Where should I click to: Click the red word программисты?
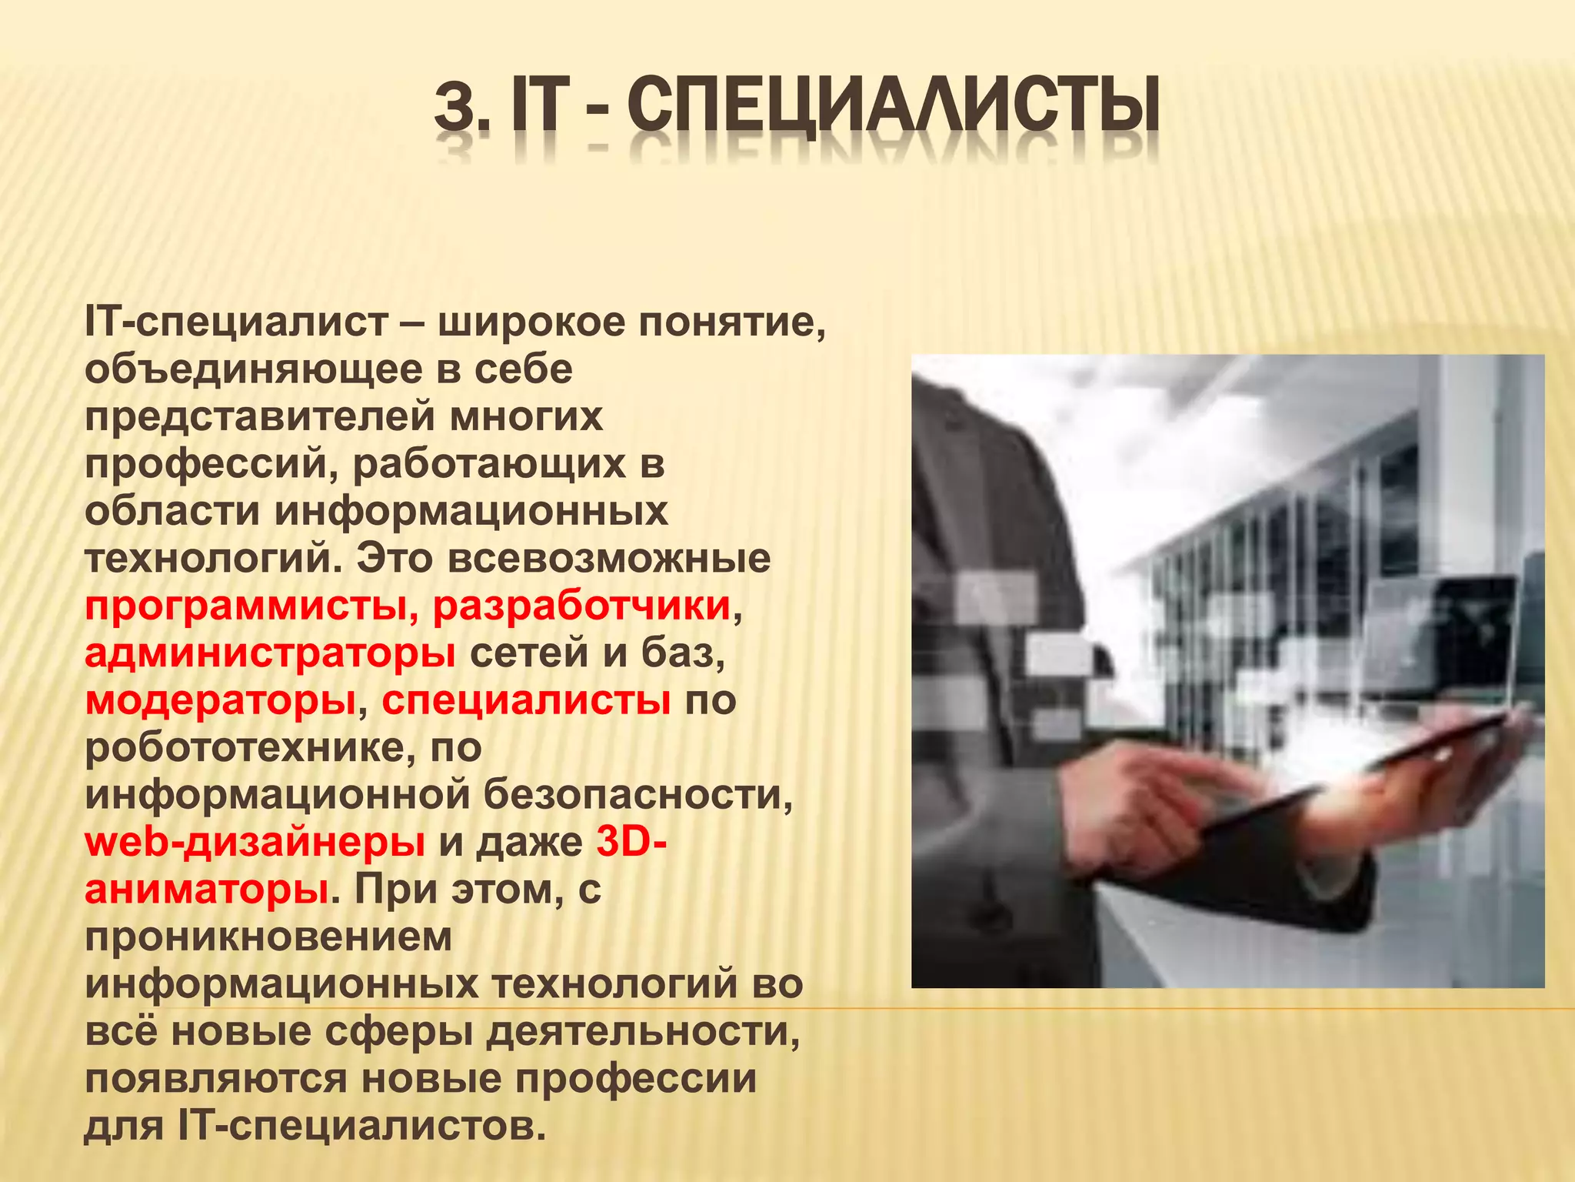point(245,606)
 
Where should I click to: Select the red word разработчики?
point(581,606)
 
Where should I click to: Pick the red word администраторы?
point(270,653)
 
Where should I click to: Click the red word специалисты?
point(526,700)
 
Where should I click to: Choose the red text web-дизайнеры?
point(255,843)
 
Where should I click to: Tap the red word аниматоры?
point(207,890)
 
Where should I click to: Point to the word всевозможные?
point(608,559)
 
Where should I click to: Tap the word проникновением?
point(268,937)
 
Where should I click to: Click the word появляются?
point(216,1079)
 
